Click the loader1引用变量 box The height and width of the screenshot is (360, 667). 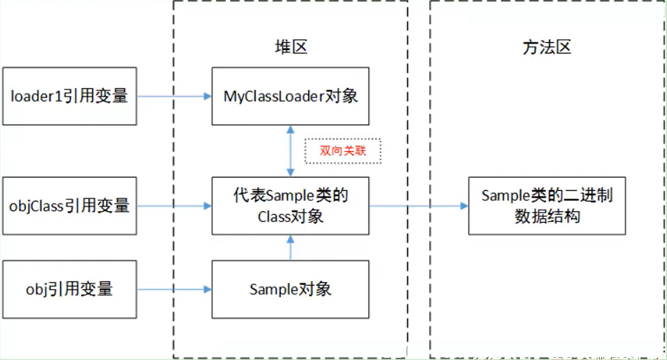(70, 96)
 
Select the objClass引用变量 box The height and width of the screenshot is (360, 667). (70, 206)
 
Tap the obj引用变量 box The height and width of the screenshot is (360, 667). (70, 289)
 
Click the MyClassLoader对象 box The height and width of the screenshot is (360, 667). (290, 96)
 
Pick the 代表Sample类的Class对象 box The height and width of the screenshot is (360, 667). (290, 206)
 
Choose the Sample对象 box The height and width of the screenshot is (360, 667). (290, 289)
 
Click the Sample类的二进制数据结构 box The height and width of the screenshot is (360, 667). (547, 206)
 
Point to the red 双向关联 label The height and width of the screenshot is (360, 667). (343, 151)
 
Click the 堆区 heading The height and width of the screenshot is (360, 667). (291, 47)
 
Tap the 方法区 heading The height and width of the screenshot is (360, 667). (547, 47)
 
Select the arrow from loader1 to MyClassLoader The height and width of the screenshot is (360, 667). (174, 96)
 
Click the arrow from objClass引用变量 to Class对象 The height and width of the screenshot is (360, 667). (174, 206)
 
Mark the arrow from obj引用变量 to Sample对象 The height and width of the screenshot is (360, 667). (174, 289)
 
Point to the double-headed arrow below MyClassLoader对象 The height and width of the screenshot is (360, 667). (290, 151)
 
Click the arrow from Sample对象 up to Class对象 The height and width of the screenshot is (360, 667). (290, 248)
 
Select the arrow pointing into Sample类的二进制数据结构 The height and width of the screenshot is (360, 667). (418, 206)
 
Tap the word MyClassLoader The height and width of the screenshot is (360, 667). (274, 97)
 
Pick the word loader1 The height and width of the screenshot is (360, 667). (36, 96)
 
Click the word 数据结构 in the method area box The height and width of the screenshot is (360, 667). (548, 217)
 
